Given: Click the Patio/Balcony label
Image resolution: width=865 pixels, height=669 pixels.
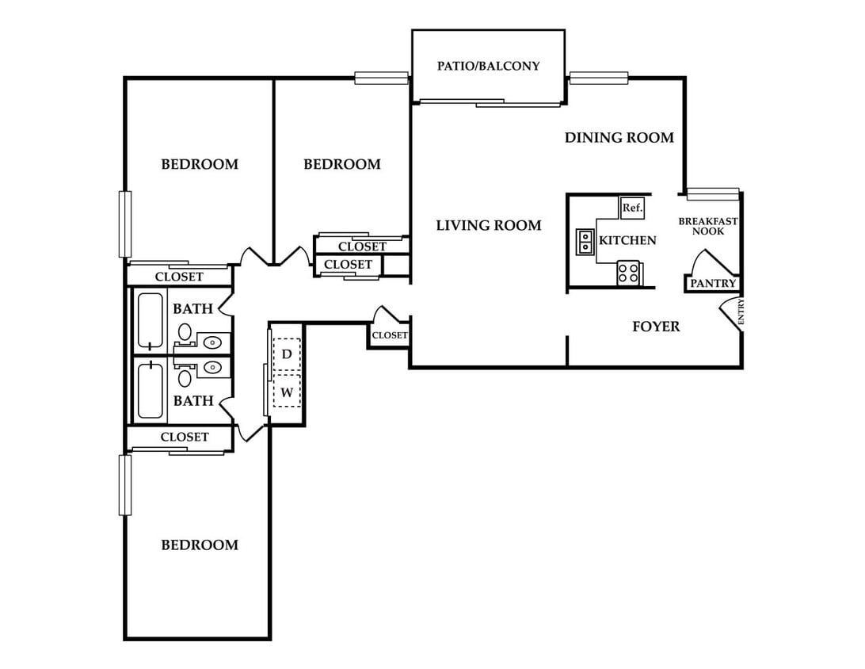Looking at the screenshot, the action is [x=488, y=67].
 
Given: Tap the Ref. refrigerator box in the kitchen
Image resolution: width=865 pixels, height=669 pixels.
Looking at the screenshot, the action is [x=631, y=208].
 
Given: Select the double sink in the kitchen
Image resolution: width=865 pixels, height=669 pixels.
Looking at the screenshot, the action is [x=585, y=242].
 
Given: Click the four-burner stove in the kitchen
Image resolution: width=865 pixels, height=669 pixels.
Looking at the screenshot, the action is [x=628, y=273].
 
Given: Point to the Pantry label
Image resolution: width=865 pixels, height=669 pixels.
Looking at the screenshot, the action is [x=713, y=283].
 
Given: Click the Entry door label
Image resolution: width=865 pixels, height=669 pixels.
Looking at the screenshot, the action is [x=741, y=312].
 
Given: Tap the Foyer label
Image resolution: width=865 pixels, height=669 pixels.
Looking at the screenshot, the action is [x=656, y=327].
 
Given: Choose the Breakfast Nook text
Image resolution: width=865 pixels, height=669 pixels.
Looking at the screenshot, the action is [x=708, y=227].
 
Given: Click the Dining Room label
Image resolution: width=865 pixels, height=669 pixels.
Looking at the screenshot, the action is [x=619, y=137].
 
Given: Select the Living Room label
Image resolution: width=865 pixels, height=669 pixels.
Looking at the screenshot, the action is [x=489, y=225].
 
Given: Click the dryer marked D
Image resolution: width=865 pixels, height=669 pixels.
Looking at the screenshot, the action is [x=287, y=354].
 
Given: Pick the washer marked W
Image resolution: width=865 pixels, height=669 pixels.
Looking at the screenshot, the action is [x=287, y=392].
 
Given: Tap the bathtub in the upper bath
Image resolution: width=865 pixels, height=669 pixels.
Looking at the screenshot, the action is [x=150, y=321].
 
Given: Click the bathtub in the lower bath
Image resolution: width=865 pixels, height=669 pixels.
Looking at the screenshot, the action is [x=150, y=389].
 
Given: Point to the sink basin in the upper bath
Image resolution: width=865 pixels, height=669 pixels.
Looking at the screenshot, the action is [x=211, y=342].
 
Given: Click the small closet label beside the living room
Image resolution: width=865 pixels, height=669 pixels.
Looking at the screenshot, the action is [x=390, y=335].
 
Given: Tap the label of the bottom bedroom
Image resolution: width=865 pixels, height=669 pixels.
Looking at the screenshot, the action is [x=200, y=545].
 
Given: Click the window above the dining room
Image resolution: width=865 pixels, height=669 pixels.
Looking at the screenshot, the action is [x=599, y=78].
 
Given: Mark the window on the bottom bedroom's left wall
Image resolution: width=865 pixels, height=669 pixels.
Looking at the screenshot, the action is [x=125, y=484].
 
